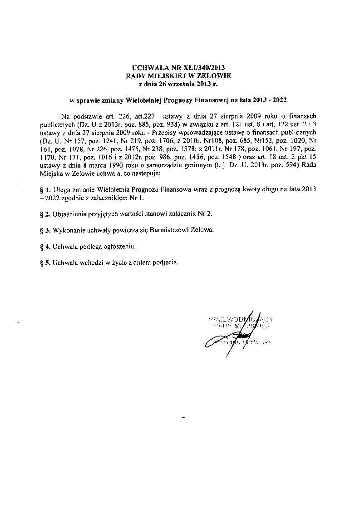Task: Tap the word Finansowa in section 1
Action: [x=187, y=188]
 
